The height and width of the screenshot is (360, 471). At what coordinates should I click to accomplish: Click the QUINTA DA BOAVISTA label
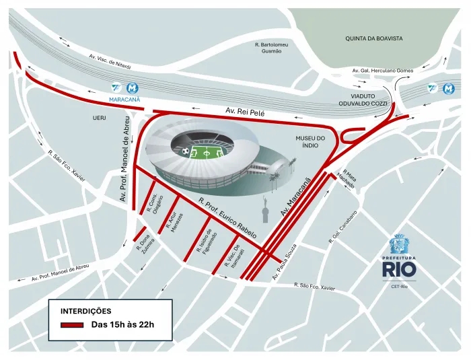(x=374, y=38)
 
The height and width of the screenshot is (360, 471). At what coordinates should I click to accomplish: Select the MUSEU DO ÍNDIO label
(x=310, y=142)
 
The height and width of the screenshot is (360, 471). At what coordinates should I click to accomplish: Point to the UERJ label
(x=100, y=118)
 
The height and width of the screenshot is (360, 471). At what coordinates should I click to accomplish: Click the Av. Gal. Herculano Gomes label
(x=382, y=71)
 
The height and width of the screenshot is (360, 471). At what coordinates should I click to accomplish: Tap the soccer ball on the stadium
(x=185, y=151)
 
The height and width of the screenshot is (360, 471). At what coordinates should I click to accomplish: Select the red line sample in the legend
(x=71, y=325)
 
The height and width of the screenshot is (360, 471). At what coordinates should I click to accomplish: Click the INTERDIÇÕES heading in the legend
(x=86, y=312)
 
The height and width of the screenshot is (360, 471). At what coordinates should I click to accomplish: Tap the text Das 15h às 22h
(x=123, y=325)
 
